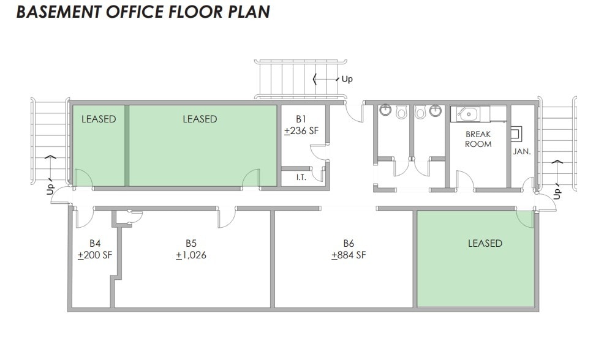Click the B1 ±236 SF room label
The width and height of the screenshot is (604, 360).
[x=301, y=125]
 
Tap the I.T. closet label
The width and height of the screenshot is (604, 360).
[x=301, y=177]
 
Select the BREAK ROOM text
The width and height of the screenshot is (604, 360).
[x=478, y=139]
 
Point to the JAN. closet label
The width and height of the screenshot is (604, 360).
[x=521, y=151]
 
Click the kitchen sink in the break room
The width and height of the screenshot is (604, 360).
[x=467, y=114]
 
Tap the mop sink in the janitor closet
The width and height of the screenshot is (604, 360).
[x=517, y=133]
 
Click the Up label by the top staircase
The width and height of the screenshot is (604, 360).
[x=347, y=79]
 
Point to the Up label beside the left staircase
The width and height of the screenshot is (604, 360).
[x=51, y=189]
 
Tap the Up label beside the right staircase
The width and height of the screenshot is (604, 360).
[x=557, y=193]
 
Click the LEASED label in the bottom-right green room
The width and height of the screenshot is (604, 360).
[x=485, y=243]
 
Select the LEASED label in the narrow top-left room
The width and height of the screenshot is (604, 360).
[x=99, y=119]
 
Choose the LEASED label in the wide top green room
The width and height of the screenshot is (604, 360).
[x=200, y=119]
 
